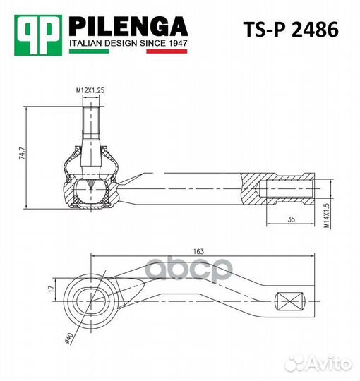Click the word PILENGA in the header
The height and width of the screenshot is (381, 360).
click(x=128, y=27)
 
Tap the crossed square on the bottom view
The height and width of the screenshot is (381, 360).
click(x=291, y=301)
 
